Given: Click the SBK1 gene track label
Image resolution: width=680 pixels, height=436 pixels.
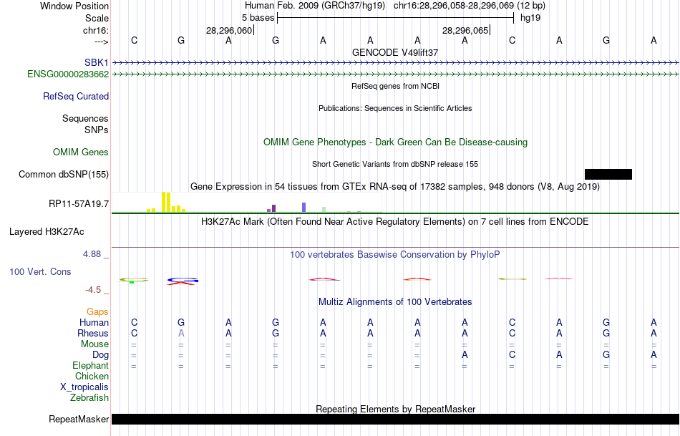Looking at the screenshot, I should click(x=96, y=62).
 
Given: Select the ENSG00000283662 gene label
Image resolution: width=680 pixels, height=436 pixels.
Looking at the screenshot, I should click(x=68, y=74).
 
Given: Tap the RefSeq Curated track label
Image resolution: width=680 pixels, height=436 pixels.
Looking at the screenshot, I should click(x=76, y=96).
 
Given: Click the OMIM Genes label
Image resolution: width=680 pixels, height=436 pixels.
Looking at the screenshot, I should click(x=81, y=152).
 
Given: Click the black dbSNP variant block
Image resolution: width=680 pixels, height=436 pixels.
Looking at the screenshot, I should click(x=608, y=174).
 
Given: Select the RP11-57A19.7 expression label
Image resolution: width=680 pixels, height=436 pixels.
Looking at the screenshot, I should click(x=79, y=204).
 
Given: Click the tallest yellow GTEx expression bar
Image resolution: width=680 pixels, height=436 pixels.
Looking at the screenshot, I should click(x=164, y=201).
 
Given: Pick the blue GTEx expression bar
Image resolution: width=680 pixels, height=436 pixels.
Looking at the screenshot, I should click(x=303, y=207).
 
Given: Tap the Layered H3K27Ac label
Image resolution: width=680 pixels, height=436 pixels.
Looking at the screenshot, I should click(x=47, y=231).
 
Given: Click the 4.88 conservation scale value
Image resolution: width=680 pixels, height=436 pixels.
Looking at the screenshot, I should click(x=94, y=254).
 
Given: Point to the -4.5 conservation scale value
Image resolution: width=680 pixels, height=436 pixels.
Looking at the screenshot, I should click(x=96, y=290).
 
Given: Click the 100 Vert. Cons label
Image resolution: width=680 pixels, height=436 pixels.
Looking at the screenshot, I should click(x=40, y=272).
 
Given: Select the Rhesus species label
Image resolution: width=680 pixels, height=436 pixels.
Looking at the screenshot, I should click(x=93, y=333).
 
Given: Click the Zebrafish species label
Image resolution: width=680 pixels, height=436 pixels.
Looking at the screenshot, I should click(x=89, y=397).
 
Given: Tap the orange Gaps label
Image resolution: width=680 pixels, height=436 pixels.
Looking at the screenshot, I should click(x=97, y=311).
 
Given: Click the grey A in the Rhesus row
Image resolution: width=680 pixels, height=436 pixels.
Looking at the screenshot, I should click(x=181, y=333).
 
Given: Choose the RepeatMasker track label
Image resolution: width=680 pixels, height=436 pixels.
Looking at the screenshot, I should click(x=79, y=419).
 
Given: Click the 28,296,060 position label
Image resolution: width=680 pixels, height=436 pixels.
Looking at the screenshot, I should click(x=229, y=30).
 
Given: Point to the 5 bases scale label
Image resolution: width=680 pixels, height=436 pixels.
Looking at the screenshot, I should click(x=258, y=16).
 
